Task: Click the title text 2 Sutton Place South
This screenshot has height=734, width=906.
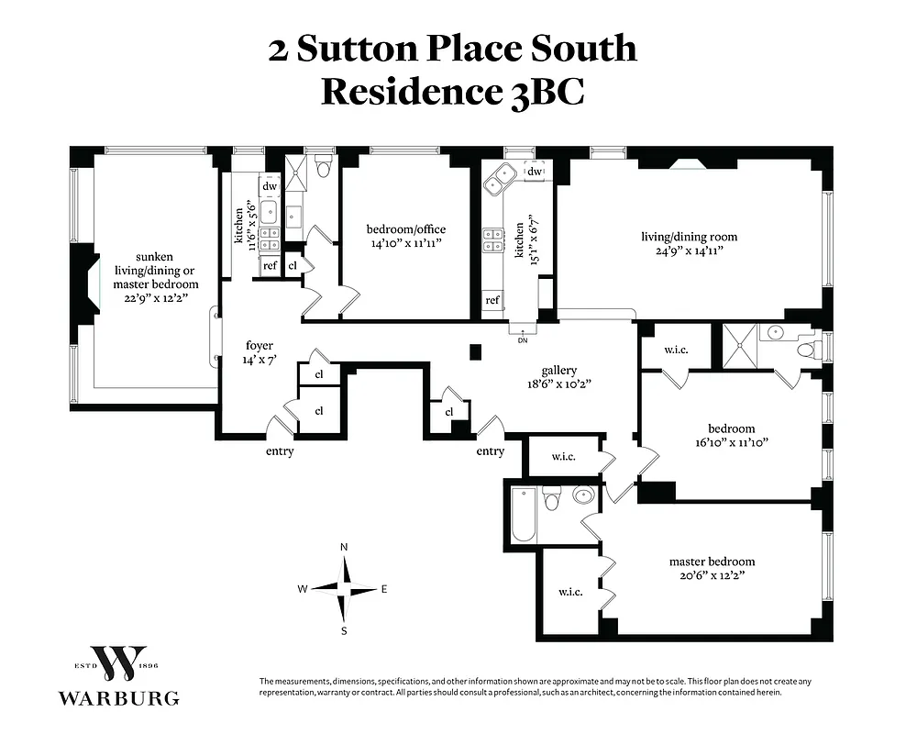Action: click(452, 49)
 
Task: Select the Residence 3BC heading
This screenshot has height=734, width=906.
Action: click(452, 92)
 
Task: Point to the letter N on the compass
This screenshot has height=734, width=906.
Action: click(344, 547)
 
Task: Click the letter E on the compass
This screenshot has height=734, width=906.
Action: click(384, 589)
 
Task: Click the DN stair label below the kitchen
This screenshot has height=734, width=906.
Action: click(523, 340)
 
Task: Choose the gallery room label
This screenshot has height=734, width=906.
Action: click(558, 371)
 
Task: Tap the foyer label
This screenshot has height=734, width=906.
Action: click(260, 346)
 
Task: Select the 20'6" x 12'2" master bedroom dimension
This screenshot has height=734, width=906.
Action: click(712, 576)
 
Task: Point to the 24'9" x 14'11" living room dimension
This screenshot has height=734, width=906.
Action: click(688, 250)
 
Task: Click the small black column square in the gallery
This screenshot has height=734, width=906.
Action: click(475, 350)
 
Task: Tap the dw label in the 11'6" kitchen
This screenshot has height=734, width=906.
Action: click(270, 186)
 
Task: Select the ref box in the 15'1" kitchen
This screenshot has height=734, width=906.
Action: click(492, 300)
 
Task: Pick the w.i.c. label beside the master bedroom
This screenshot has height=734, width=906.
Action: click(569, 592)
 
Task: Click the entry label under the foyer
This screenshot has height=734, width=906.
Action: click(280, 451)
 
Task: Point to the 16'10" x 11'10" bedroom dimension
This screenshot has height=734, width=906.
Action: click(731, 442)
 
